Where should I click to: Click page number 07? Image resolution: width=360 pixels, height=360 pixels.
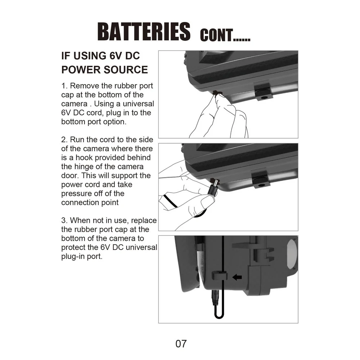pyautogui.click(x=181, y=343)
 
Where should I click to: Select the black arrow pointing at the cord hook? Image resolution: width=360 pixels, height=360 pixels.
pyautogui.click(x=237, y=277)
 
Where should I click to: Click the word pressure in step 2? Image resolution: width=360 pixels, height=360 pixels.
pyautogui.click(x=77, y=193)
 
